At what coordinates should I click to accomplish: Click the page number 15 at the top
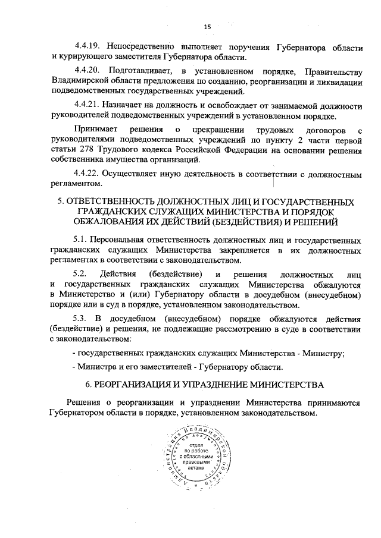(x=208, y=26)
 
